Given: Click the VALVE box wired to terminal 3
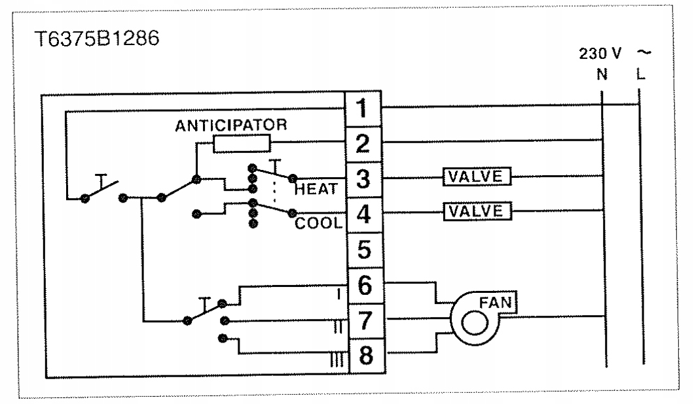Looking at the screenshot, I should pyautogui.click(x=477, y=176).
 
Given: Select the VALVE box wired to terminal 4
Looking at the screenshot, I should pyautogui.click(x=477, y=210).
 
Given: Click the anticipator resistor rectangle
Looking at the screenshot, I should pyautogui.click(x=242, y=144).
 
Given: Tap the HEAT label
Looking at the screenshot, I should pyautogui.click(x=316, y=190).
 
